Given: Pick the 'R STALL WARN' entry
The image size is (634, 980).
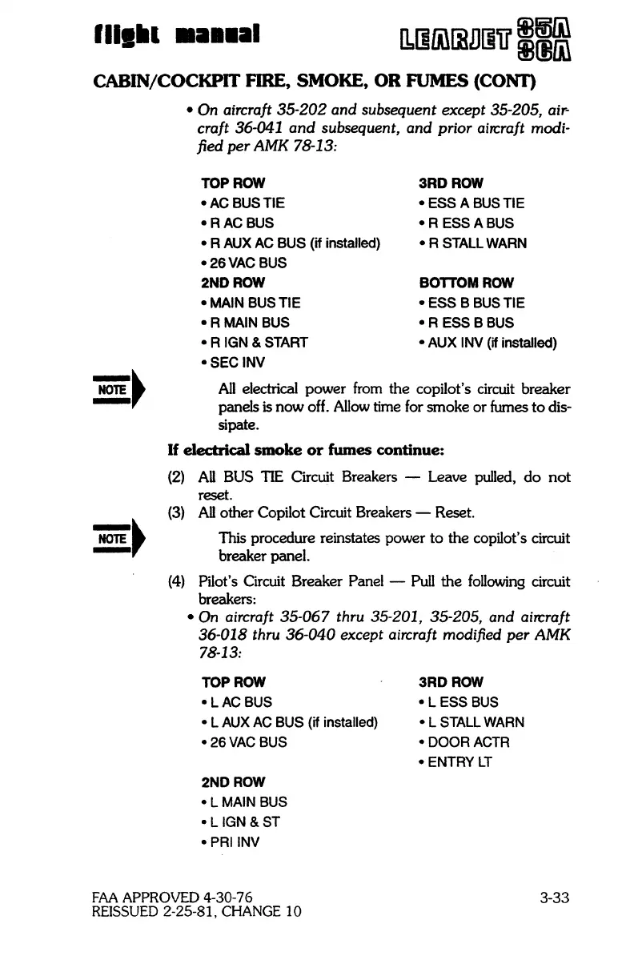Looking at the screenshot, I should click(468, 243).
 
